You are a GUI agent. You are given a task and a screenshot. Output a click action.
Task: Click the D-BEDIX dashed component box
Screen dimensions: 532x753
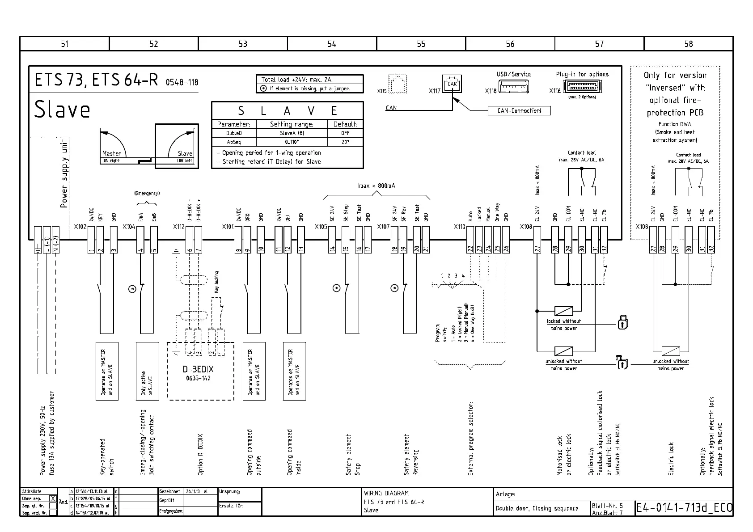200,371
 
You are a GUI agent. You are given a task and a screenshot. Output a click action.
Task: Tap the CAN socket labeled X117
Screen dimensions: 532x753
452,84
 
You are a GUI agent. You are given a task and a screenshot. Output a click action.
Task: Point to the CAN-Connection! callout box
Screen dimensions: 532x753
519,111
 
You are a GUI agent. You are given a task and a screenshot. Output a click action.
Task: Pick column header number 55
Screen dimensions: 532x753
421,44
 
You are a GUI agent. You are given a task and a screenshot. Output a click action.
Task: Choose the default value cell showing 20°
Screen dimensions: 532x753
345,142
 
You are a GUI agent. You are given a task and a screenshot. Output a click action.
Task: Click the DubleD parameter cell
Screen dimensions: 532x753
234,133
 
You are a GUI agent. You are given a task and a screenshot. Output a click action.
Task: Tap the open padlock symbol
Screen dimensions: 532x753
622,363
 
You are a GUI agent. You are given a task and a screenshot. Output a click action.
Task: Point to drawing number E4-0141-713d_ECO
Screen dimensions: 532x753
684,508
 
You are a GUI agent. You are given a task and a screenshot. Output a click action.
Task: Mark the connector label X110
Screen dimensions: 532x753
459,227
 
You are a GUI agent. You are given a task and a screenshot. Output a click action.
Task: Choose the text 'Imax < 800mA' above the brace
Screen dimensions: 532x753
376,186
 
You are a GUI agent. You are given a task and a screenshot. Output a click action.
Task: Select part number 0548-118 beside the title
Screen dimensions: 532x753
182,82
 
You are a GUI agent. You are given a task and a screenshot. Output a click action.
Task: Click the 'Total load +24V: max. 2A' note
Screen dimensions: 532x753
296,80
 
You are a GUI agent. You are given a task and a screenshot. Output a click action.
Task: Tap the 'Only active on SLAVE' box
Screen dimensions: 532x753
147,371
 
